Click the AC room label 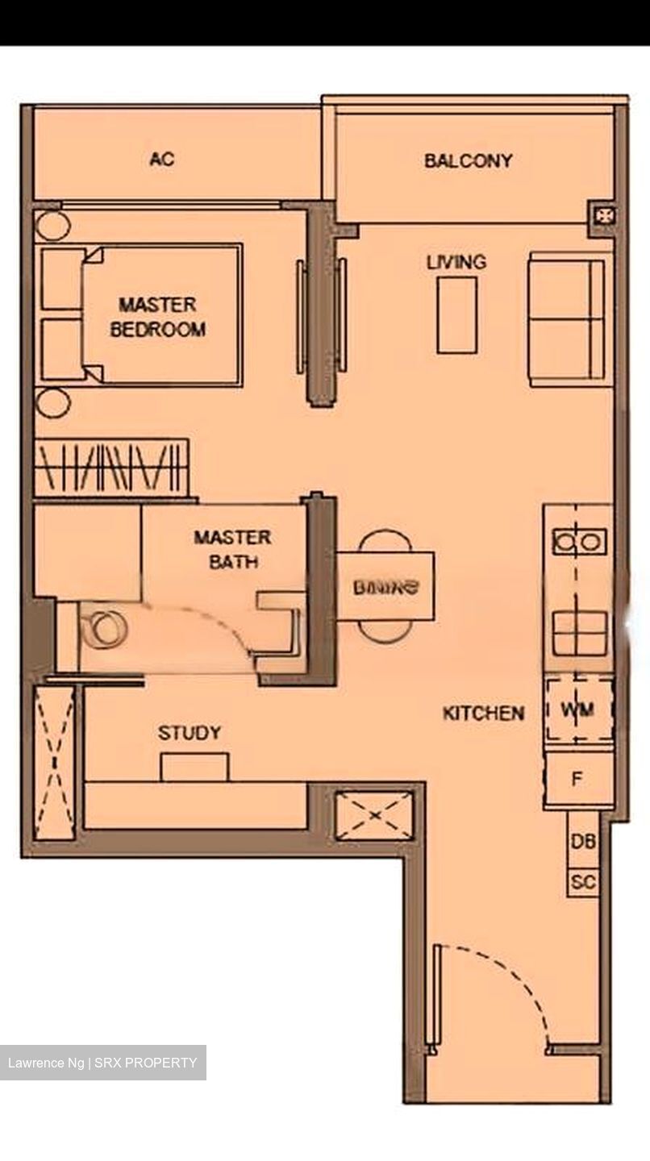pyautogui.click(x=162, y=160)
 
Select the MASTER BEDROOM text pyautogui.click(x=157, y=317)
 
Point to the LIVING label pyautogui.click(x=456, y=262)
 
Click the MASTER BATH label pyautogui.click(x=232, y=549)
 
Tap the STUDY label pyautogui.click(x=190, y=733)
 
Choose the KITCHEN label pyautogui.click(x=483, y=713)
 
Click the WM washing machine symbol pyautogui.click(x=577, y=709)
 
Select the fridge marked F pyautogui.click(x=577, y=780)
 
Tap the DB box pyautogui.click(x=583, y=841)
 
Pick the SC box pyautogui.click(x=583, y=882)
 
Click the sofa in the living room pyautogui.click(x=567, y=319)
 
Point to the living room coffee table pyautogui.click(x=456, y=315)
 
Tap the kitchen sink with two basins pyautogui.click(x=579, y=542)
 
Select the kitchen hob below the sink pyautogui.click(x=579, y=633)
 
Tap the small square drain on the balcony pyautogui.click(x=604, y=215)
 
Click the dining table pyautogui.click(x=385, y=586)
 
